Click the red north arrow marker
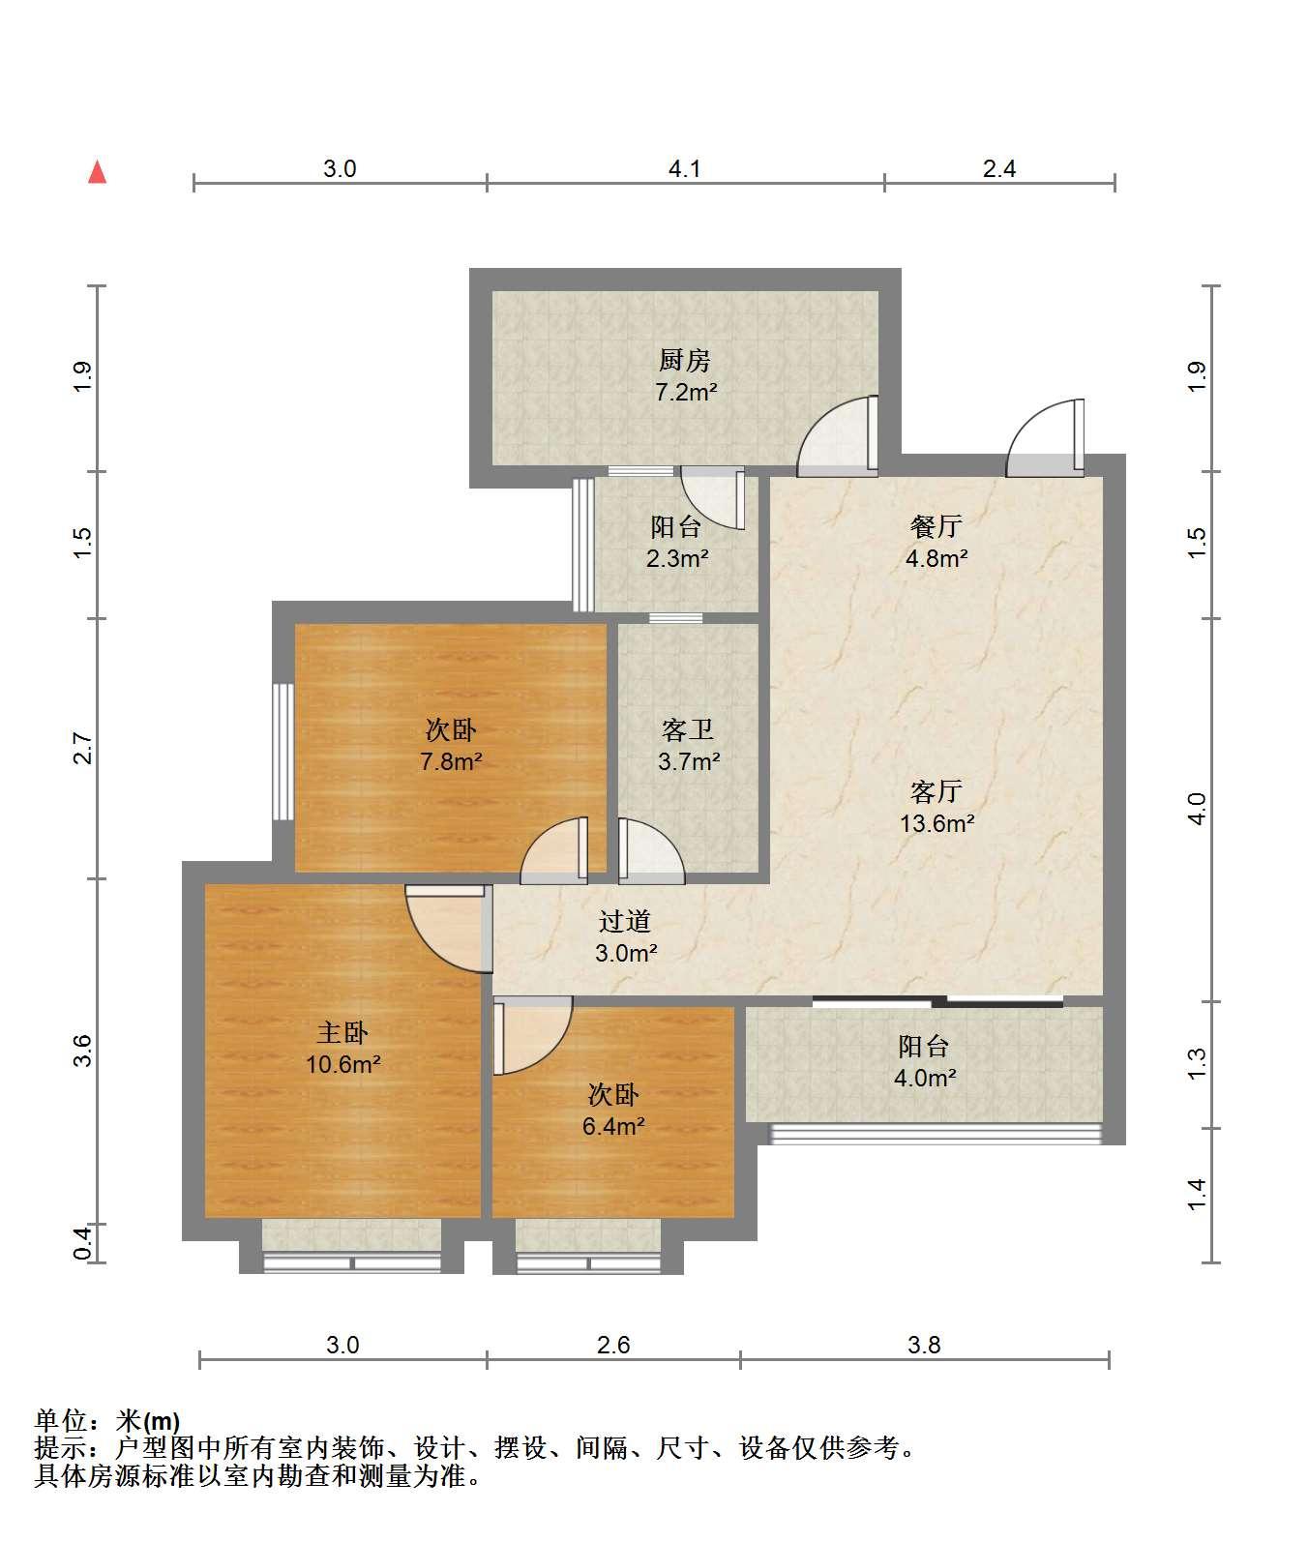97,173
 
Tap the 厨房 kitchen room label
685,361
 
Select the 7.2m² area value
685,393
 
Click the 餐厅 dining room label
936,526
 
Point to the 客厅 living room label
936,791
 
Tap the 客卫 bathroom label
688,729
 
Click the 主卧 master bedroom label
343,1033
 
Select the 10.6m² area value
343,1065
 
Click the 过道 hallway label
625,922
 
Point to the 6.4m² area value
613,1127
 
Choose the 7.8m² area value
451,762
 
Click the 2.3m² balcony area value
677,559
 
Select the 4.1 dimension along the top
685,169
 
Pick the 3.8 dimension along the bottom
924,1345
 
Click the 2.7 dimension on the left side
83,750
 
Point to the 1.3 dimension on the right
1197,1064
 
